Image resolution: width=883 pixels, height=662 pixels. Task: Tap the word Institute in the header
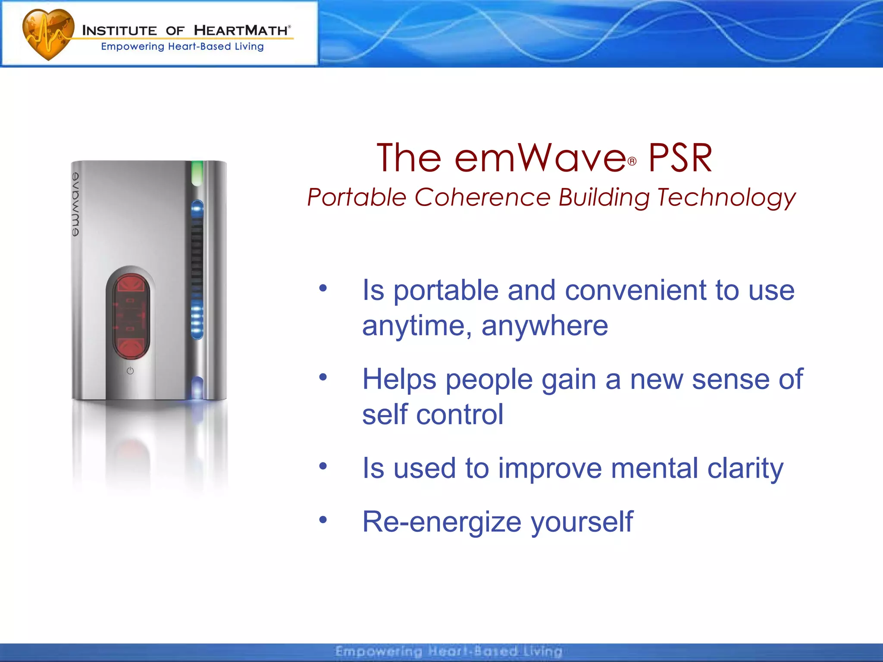pos(119,31)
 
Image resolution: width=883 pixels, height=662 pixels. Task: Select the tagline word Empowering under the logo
pos(132,47)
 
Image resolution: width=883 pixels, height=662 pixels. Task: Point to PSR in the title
pos(680,158)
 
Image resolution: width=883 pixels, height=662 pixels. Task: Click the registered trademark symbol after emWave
pos(632,162)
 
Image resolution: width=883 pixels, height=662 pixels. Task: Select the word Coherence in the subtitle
pos(482,197)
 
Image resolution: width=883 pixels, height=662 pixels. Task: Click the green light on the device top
pos(197,172)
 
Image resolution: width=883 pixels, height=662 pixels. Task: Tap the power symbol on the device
pos(130,371)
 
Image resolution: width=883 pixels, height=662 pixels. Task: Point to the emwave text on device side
pos(76,204)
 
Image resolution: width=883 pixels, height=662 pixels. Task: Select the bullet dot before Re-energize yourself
pos(323,519)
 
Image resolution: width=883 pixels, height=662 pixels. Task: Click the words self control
pos(432,414)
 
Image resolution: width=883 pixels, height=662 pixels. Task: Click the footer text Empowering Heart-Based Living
pos(448,651)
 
